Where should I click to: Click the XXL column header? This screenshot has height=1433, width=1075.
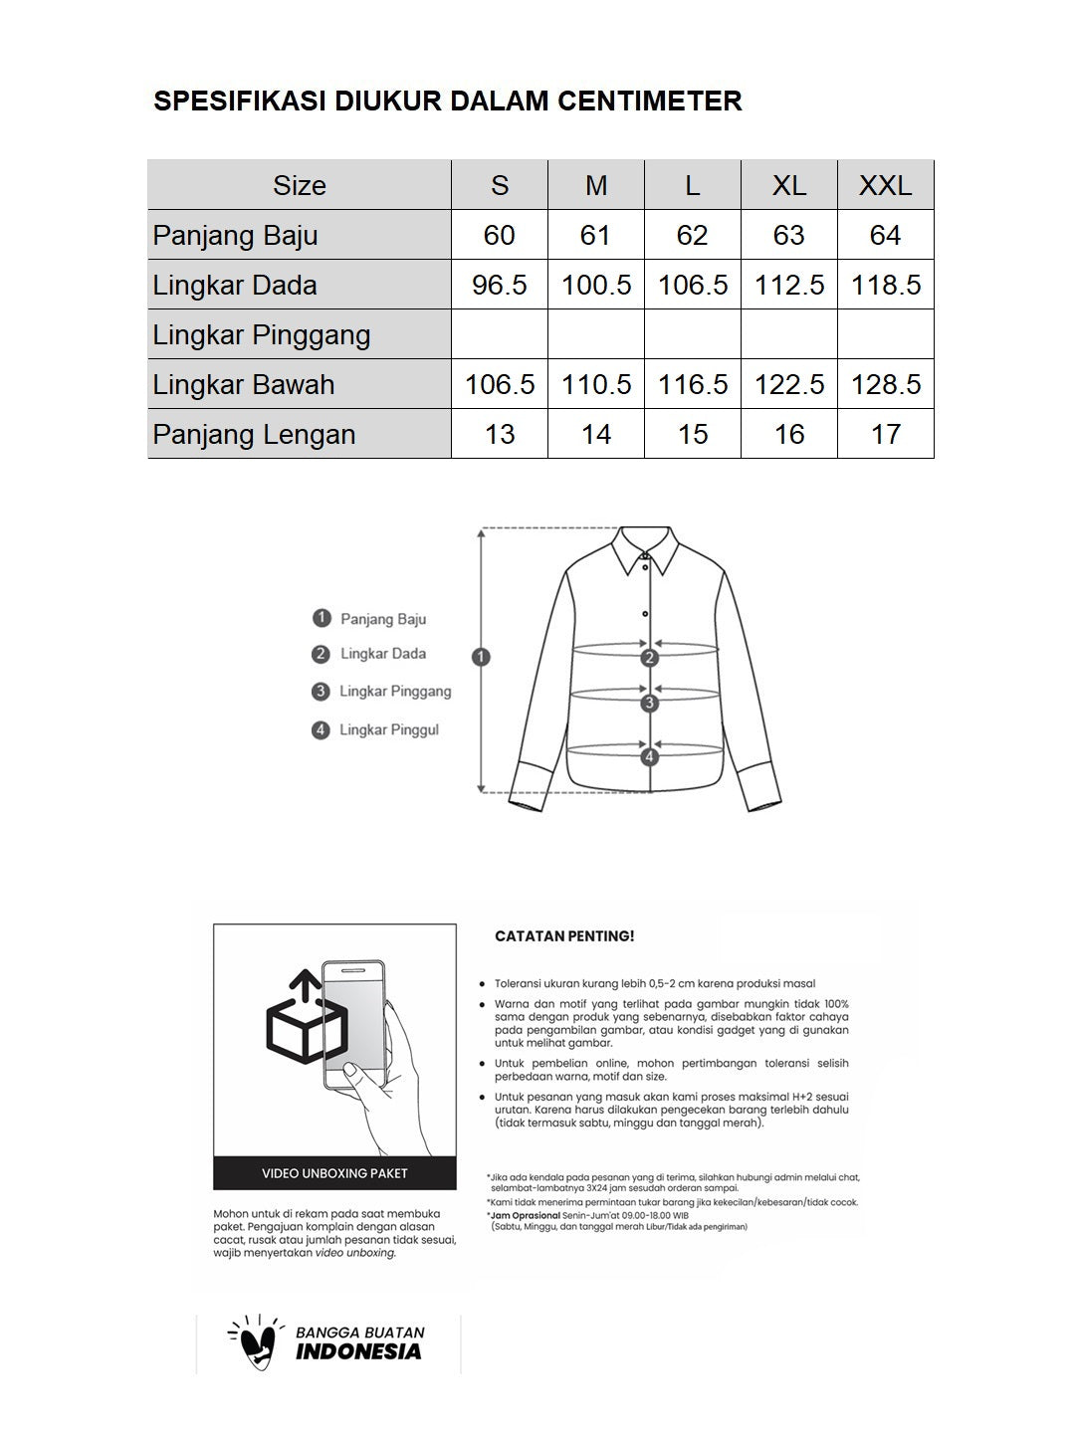885,185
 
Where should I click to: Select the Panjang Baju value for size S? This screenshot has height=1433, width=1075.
499,235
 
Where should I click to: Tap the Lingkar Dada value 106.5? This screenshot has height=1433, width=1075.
692,285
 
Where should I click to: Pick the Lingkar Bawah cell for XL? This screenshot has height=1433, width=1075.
788,384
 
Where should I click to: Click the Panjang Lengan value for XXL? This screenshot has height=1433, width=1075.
885,434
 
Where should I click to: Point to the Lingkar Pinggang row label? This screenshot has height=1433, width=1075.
262,334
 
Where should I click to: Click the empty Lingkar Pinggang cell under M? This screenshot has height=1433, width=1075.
595,334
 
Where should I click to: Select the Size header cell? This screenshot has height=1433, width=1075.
299,185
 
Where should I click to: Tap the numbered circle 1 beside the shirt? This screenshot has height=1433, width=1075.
482,657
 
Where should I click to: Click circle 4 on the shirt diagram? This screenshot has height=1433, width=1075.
650,757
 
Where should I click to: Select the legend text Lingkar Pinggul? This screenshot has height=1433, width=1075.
388,729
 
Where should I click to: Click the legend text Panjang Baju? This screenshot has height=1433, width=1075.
382,619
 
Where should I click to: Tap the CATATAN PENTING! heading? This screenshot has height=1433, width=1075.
564,936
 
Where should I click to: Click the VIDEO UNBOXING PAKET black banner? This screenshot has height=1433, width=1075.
334,1173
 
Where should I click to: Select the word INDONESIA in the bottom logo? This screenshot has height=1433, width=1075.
358,1351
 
